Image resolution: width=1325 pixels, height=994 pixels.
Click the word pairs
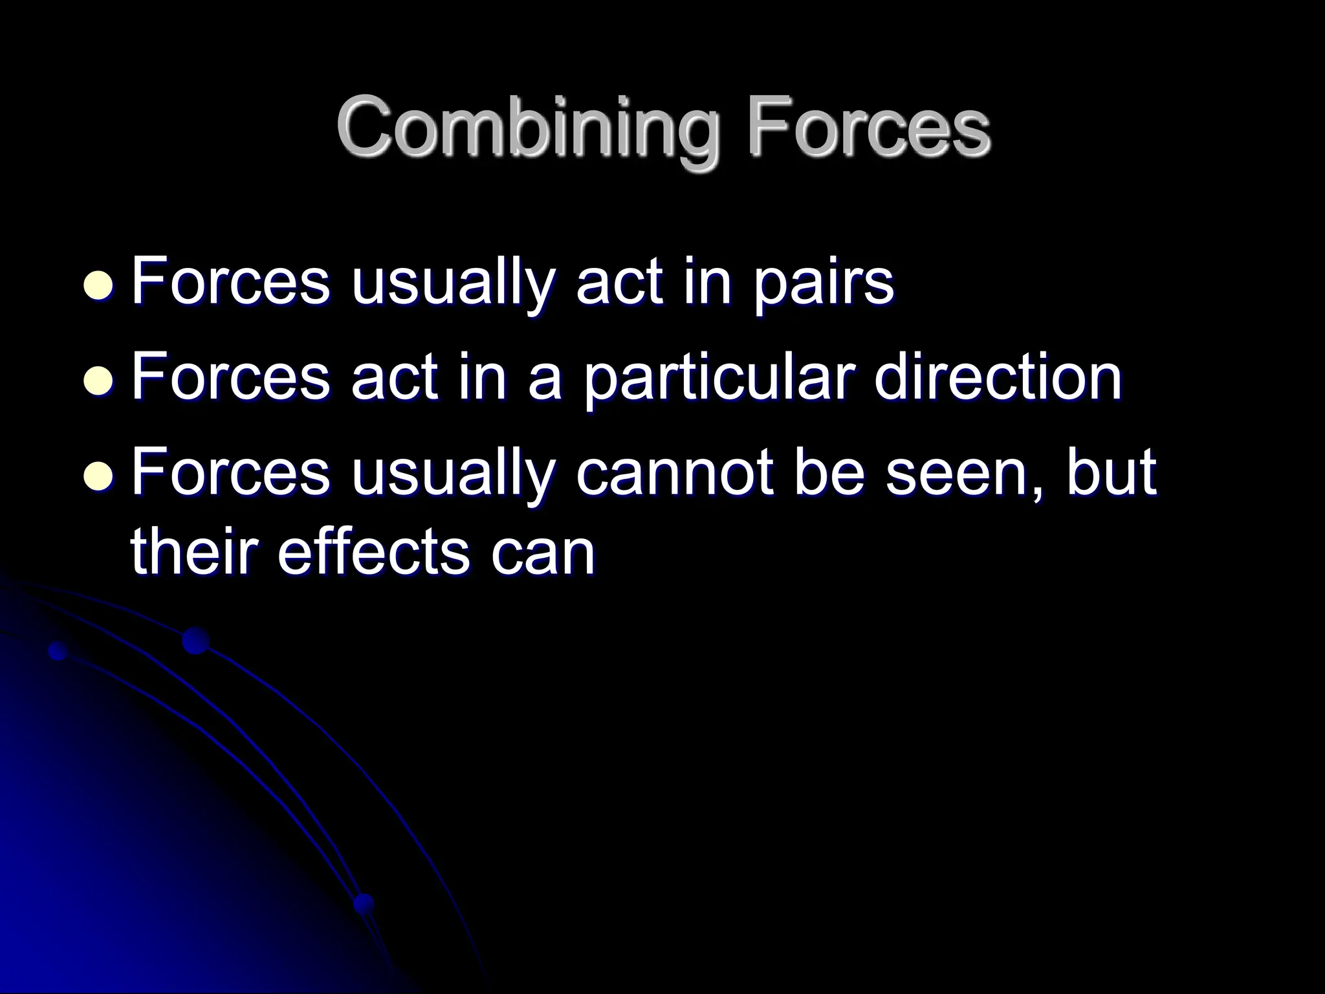coord(822,285)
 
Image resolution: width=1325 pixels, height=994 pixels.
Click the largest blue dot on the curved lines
coord(195,641)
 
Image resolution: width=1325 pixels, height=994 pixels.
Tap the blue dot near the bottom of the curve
coord(364,903)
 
